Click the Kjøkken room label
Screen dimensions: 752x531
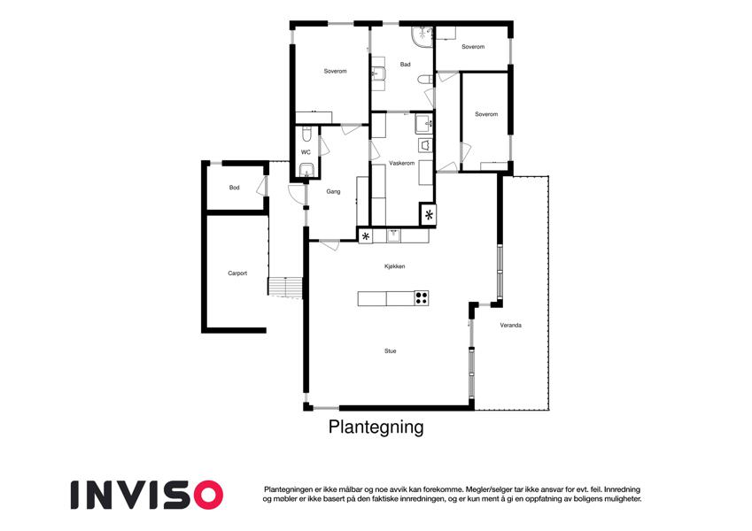click(394, 266)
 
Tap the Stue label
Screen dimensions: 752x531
click(391, 351)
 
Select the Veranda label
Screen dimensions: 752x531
click(511, 326)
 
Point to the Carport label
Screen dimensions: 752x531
click(237, 273)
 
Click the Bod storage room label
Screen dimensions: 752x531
click(234, 188)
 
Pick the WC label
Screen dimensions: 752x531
click(306, 152)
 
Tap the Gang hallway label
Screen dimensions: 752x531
click(333, 192)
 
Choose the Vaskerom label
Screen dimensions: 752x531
click(401, 164)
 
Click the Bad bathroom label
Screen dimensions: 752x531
click(406, 65)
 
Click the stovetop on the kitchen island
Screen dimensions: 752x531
click(421, 298)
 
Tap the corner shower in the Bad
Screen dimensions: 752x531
click(422, 37)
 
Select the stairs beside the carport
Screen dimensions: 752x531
click(285, 288)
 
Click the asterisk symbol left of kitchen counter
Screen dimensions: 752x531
click(366, 236)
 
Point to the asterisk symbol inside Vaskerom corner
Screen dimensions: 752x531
click(429, 215)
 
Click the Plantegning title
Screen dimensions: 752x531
click(376, 427)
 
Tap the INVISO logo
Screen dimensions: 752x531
click(147, 495)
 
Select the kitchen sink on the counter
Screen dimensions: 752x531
click(393, 235)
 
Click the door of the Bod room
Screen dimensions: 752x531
click(262, 186)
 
